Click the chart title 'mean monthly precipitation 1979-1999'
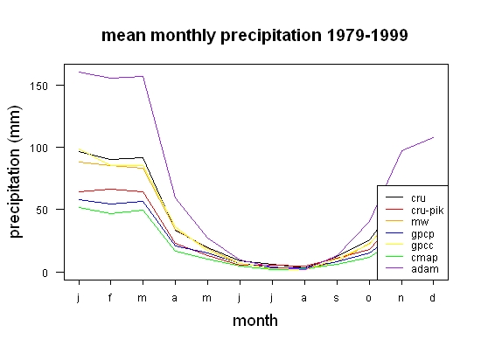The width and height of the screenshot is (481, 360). coord(254,36)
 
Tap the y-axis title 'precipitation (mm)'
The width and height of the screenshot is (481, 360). coord(15,171)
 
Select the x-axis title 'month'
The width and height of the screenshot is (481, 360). coord(255,321)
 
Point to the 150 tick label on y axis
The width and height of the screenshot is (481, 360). coord(39,87)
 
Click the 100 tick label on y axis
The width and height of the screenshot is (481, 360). coord(39,149)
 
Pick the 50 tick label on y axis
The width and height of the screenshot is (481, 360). coord(42,211)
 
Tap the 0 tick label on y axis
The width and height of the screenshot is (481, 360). coord(45,273)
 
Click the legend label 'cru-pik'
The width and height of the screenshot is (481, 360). coord(428,211)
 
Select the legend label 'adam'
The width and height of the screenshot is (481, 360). coord(425,269)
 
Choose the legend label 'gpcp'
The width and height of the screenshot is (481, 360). coord(422,234)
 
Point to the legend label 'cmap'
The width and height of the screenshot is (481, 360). coord(424,258)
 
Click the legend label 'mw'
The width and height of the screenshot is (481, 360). coord(420,222)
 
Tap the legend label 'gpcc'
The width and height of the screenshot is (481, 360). coord(422,246)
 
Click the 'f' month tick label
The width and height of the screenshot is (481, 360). coord(110,297)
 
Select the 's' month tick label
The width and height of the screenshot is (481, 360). coord(337,298)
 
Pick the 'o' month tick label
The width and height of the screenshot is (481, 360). coord(369,298)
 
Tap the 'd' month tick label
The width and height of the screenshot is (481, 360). coord(432,297)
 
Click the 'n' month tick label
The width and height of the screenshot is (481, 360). coord(401,298)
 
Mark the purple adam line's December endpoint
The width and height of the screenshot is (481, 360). coord(433,137)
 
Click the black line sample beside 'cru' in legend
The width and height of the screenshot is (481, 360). coord(394,197)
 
